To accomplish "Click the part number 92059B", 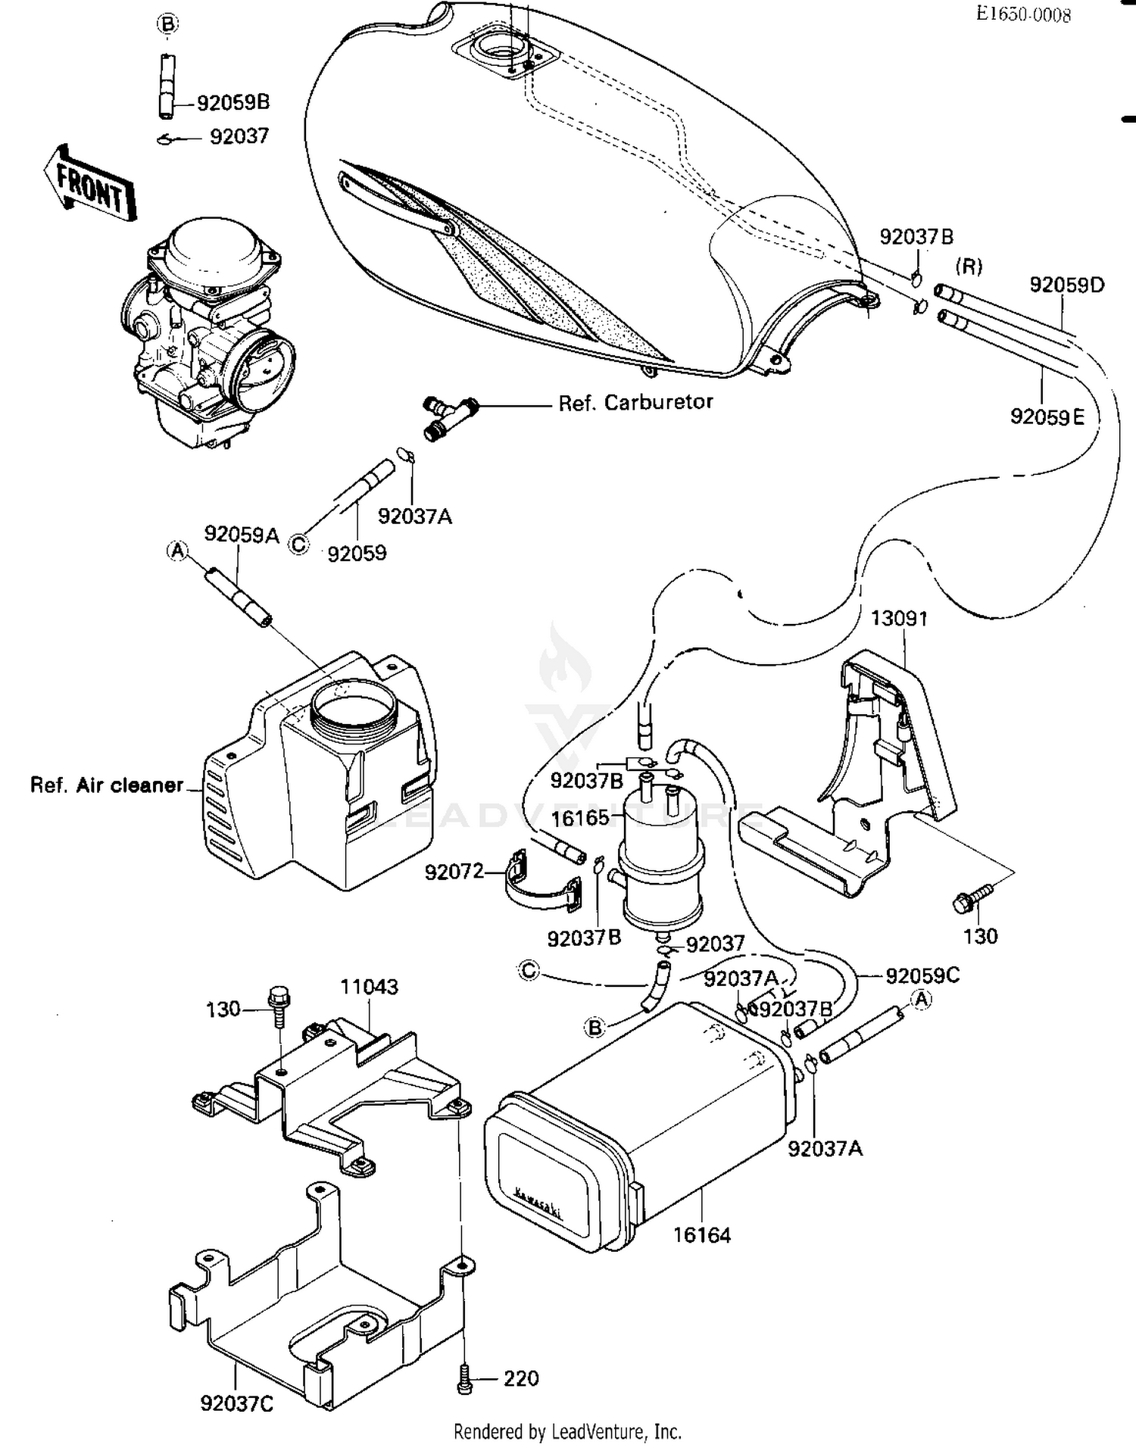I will [x=233, y=102].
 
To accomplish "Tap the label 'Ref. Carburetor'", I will [x=635, y=402].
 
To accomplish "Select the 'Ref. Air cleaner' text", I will [x=107, y=785].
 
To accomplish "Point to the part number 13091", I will [x=899, y=618].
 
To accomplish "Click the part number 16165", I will [x=580, y=818].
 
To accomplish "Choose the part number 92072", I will [x=454, y=872].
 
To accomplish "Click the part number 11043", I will [x=369, y=986].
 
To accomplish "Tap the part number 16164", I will [x=702, y=1235].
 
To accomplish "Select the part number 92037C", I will [x=237, y=1403].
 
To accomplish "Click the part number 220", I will [x=521, y=1378].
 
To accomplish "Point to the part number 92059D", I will [x=1066, y=285].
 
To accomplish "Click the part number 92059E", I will [x=1047, y=417].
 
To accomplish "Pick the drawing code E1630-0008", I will [x=1023, y=14].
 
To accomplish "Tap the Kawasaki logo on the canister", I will [x=539, y=1202].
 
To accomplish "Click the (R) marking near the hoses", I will [x=969, y=267].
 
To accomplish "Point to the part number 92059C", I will [x=922, y=975].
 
